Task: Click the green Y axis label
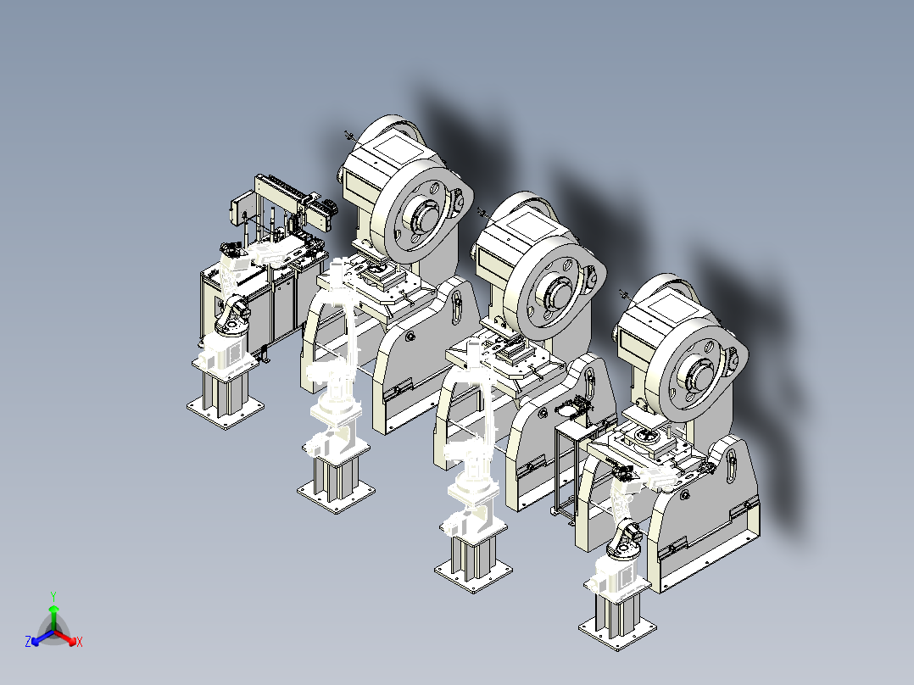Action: click(53, 596)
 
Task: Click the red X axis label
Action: click(80, 642)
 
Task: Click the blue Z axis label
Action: click(28, 641)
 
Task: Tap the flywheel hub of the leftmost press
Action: click(426, 216)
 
